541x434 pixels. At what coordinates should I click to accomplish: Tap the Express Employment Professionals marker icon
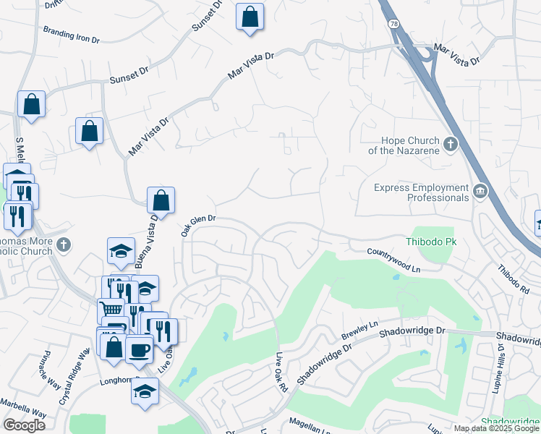(479, 192)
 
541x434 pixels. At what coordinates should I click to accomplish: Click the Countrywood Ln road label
(393, 259)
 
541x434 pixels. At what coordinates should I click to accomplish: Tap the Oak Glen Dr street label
(198, 224)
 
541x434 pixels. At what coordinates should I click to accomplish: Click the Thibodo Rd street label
(513, 278)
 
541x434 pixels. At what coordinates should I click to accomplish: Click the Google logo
(24, 425)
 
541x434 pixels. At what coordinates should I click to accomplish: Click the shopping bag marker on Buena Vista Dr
(161, 200)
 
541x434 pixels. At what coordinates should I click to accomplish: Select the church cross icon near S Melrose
(64, 244)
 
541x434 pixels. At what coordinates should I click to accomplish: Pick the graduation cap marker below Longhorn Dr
(145, 391)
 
